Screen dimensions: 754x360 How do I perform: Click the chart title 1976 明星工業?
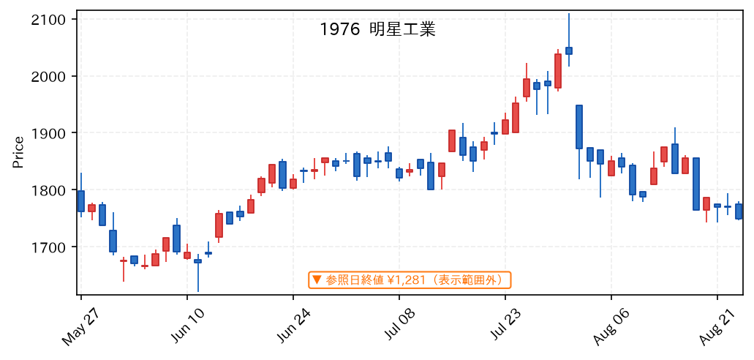click(377, 30)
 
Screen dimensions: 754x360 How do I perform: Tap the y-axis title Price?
click(18, 153)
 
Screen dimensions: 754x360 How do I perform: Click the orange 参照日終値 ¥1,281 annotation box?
click(410, 280)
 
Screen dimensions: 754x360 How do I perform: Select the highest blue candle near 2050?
click(569, 50)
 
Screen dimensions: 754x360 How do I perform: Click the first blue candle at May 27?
click(80, 201)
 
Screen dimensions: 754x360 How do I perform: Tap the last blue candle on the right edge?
click(739, 211)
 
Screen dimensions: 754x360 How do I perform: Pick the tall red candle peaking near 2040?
click(558, 71)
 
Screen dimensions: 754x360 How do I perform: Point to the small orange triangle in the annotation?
click(317, 279)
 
